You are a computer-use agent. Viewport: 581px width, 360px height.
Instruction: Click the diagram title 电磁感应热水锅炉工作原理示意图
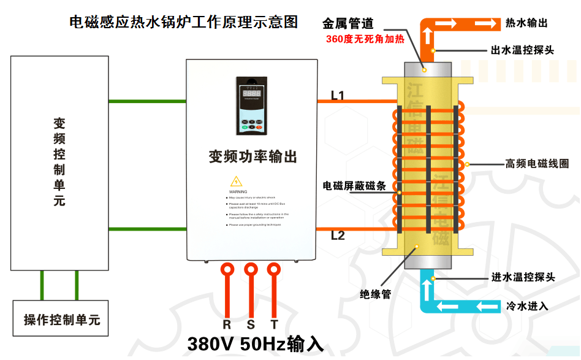(x=184, y=23)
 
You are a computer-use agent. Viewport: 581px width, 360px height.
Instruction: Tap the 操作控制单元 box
(x=61, y=319)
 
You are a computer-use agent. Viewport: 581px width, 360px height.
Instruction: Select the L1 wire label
(x=338, y=95)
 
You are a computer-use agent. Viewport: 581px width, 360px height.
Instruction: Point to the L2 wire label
(x=338, y=236)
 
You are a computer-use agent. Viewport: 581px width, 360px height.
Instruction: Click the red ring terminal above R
(x=227, y=269)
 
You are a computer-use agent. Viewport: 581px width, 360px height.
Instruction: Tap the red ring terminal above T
(x=274, y=269)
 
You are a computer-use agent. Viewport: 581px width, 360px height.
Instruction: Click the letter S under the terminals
(x=251, y=324)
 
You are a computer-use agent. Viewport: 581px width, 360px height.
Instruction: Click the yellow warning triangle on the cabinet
(x=236, y=182)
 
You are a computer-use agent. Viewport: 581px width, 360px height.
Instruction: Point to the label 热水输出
(x=526, y=23)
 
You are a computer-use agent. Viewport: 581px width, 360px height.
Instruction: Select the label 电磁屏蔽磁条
(x=354, y=185)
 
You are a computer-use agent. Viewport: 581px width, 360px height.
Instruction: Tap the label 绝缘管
(x=375, y=294)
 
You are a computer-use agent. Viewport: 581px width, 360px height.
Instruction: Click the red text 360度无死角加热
(x=365, y=39)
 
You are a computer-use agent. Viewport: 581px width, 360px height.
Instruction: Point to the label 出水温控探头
(x=523, y=50)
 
